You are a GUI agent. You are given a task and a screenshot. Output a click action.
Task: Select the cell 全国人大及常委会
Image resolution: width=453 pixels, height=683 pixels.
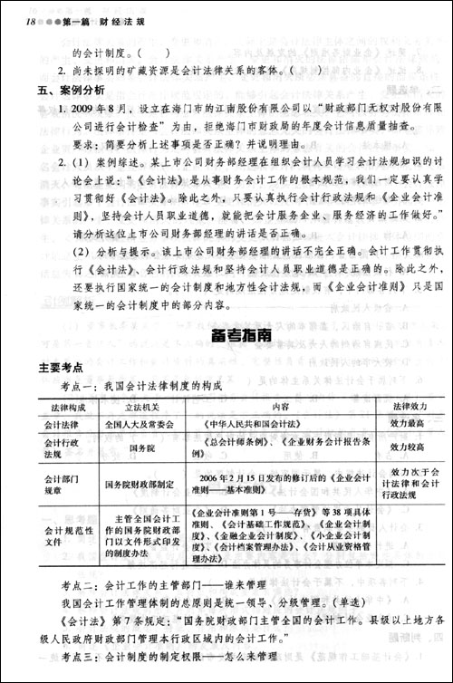click(138, 423)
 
